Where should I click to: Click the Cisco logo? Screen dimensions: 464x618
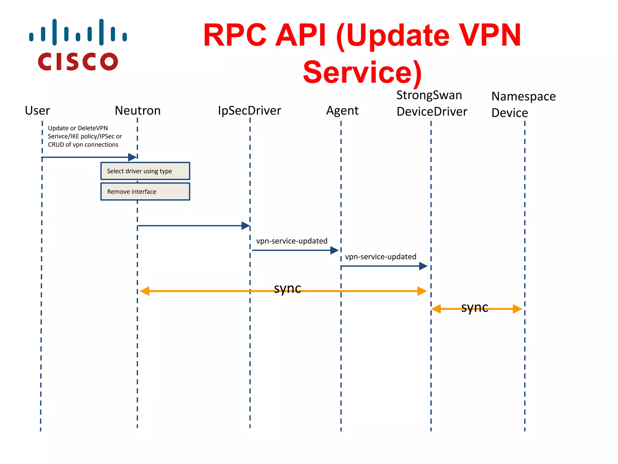pyautogui.click(x=78, y=45)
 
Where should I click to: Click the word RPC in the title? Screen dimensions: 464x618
pyautogui.click(x=235, y=35)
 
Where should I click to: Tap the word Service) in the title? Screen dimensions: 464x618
pyautogui.click(x=362, y=72)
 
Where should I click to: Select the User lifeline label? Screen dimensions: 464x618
pyautogui.click(x=37, y=111)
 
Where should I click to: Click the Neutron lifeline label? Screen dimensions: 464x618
pyautogui.click(x=138, y=111)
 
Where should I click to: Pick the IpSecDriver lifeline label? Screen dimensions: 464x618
pyautogui.click(x=249, y=111)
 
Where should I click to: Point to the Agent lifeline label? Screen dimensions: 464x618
pyautogui.click(x=342, y=111)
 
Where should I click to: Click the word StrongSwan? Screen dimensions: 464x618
pyautogui.click(x=429, y=95)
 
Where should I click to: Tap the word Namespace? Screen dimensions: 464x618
pyautogui.click(x=523, y=96)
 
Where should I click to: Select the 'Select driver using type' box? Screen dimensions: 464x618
pyautogui.click(x=145, y=171)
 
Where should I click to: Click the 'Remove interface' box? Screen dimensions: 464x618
pyautogui.click(x=145, y=192)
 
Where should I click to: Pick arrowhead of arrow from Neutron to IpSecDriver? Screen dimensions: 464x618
pyautogui.click(x=245, y=226)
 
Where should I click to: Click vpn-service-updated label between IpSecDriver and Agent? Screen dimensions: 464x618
pyautogui.click(x=291, y=241)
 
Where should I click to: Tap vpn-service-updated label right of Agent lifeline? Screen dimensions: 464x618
pyautogui.click(x=380, y=256)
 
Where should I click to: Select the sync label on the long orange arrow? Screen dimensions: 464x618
pyautogui.click(x=287, y=288)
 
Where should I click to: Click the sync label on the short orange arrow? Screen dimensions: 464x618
pyautogui.click(x=474, y=307)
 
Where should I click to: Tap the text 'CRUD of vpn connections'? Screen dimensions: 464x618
pyautogui.click(x=83, y=145)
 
